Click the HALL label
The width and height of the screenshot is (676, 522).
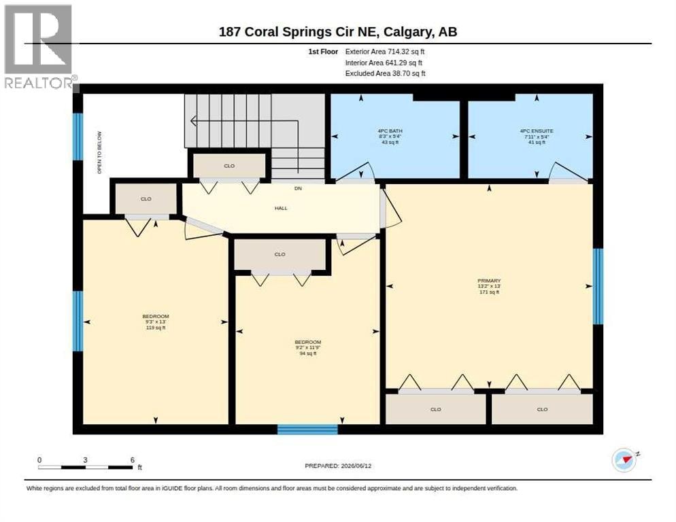tap(281, 208)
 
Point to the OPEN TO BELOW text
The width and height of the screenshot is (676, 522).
tap(99, 153)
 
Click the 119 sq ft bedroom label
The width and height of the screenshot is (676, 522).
tap(156, 322)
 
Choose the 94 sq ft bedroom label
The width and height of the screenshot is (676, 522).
tap(308, 348)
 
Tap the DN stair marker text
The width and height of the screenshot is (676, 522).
tap(298, 188)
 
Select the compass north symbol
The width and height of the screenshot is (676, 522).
tap(624, 460)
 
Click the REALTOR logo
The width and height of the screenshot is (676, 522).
tap(39, 46)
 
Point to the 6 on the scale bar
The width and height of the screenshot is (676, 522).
tap(133, 460)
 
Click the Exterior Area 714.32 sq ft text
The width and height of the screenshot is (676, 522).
tap(385, 52)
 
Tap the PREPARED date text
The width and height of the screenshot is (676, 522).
tap(338, 466)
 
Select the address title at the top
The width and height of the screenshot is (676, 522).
tap(338, 32)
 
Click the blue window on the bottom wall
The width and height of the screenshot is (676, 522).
tap(307, 430)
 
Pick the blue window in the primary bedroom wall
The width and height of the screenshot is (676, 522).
tap(598, 286)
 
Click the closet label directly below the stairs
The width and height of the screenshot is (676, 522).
tap(229, 166)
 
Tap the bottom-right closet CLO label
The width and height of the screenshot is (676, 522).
tap(542, 409)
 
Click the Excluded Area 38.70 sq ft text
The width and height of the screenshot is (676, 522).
tap(386, 73)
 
